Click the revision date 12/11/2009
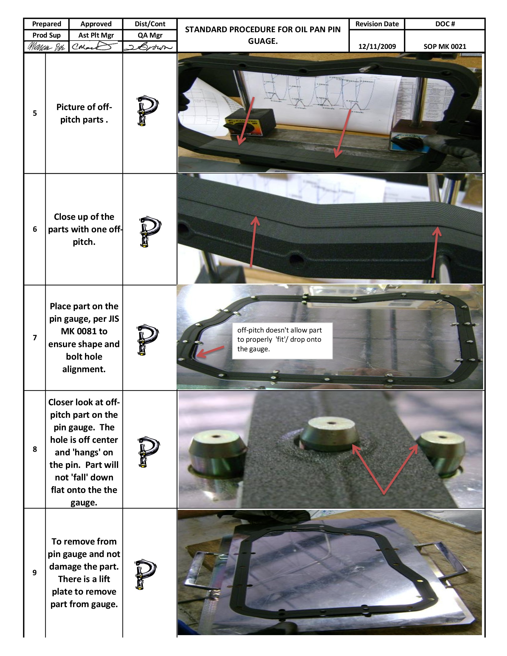(x=377, y=47)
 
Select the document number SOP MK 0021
(x=445, y=47)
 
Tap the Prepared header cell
(x=47, y=24)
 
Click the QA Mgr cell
(x=150, y=35)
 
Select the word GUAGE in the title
(x=262, y=41)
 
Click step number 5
(x=35, y=113)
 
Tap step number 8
(x=35, y=449)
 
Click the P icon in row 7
(x=147, y=340)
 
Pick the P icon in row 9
(x=145, y=574)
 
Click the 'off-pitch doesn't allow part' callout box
(x=282, y=340)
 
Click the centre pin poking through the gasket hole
(x=330, y=434)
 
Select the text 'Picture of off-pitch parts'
(x=84, y=113)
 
